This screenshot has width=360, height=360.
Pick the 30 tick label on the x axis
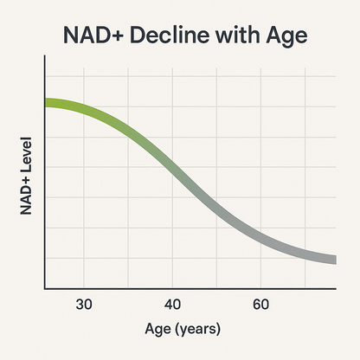pyautogui.click(x=84, y=304)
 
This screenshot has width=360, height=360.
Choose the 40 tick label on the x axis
pyautogui.click(x=173, y=304)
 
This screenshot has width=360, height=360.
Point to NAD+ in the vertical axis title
pyautogui.click(x=25, y=198)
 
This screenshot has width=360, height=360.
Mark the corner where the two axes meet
pyautogui.click(x=44, y=288)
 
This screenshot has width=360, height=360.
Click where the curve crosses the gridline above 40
pyautogui.click(x=173, y=170)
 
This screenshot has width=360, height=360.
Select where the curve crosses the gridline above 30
pyautogui.click(x=84, y=107)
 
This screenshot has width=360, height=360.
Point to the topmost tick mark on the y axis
pyautogui.click(x=42, y=76)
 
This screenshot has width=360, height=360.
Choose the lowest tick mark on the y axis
pyautogui.click(x=42, y=258)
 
